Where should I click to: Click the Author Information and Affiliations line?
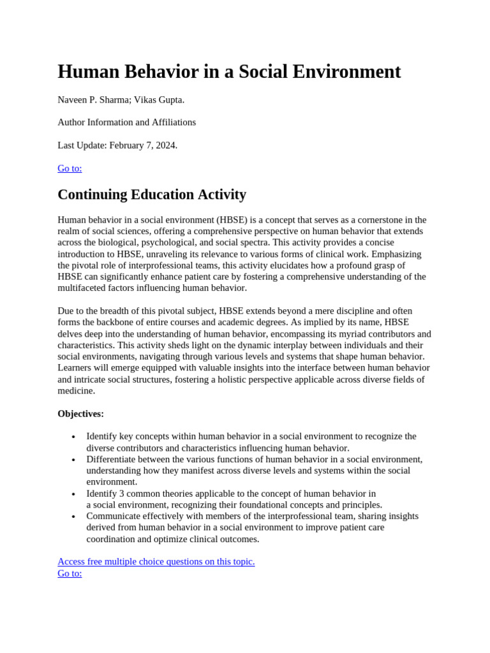[126, 122]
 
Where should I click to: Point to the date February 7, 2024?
[143, 145]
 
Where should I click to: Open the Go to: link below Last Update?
[70, 168]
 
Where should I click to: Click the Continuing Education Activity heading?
[152, 194]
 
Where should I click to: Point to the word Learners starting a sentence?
[75, 368]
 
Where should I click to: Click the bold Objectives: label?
[80, 414]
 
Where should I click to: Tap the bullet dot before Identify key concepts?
[73, 437]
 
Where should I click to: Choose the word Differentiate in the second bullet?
[112, 459]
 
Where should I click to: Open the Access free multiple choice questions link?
[156, 562]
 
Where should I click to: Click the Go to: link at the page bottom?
[70, 573]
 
